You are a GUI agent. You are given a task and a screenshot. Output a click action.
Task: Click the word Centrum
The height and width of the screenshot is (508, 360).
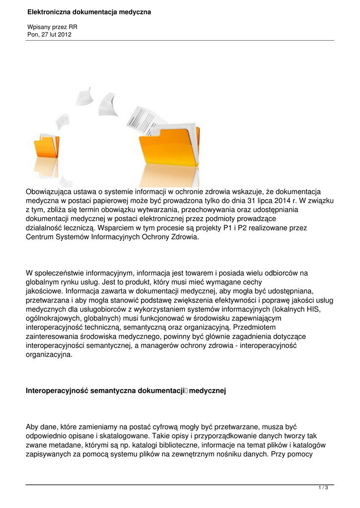coord(40,237)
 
